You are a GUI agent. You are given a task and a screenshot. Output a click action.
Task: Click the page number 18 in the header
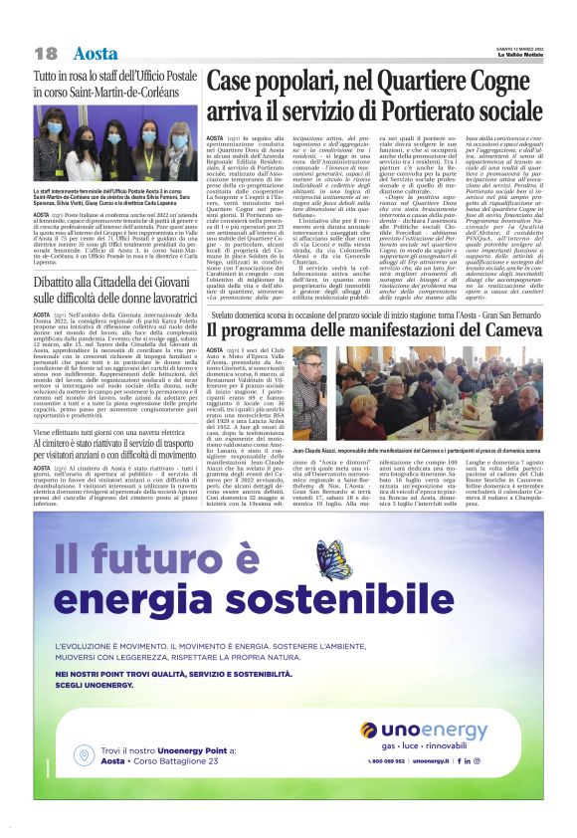click(x=45, y=53)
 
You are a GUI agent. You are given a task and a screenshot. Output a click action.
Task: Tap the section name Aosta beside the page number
click(x=96, y=53)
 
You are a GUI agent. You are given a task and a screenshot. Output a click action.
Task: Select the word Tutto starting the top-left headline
click(x=48, y=77)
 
